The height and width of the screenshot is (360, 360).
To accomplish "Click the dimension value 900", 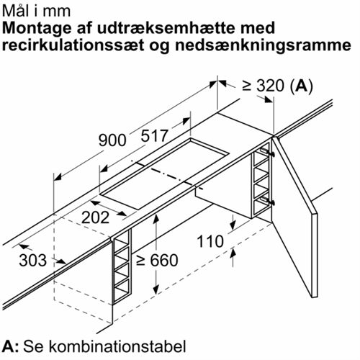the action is [112, 140].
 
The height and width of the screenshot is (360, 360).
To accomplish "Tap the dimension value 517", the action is [154, 136].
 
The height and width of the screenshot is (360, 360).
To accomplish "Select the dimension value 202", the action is [96, 217].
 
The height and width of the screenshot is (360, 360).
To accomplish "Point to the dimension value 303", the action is [32, 260].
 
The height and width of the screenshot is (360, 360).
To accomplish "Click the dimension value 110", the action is [210, 241].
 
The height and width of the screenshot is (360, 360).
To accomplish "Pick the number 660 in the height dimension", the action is [164, 260].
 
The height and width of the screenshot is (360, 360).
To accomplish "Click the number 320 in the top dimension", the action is [271, 86].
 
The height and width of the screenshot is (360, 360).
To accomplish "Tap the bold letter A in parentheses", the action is [302, 86].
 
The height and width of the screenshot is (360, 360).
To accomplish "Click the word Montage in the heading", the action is [37, 28].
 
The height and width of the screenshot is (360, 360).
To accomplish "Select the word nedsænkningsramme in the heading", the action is [263, 45].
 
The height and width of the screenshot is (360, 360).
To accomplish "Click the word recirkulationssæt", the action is [73, 45].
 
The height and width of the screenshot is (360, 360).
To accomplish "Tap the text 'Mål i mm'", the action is [37, 11].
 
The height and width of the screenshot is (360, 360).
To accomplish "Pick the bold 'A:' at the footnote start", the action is [11, 346].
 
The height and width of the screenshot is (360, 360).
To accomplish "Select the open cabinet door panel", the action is [294, 216].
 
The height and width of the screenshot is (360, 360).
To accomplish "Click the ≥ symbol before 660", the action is [141, 261].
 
